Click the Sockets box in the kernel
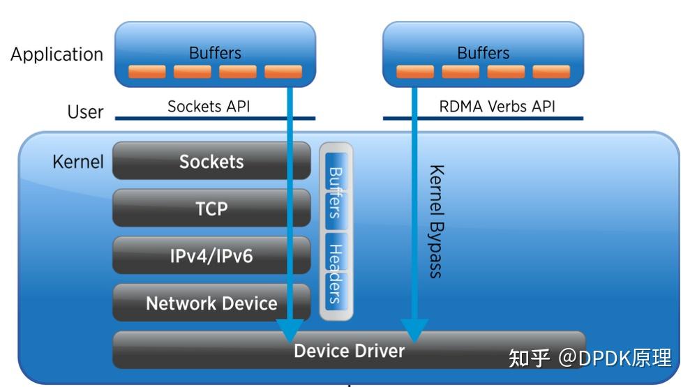[x=211, y=161]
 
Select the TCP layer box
[x=211, y=208]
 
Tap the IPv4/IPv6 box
[x=211, y=255]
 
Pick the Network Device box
[x=211, y=303]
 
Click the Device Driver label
[x=349, y=350]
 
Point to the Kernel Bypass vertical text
[x=436, y=222]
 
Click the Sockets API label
[x=209, y=107]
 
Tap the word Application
[x=57, y=54]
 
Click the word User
[x=85, y=112]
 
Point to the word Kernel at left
[x=77, y=162]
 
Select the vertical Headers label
[x=336, y=273]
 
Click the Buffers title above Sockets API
[x=215, y=53]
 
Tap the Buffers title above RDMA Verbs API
[x=483, y=53]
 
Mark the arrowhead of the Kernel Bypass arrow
[x=414, y=329]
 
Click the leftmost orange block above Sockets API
[x=147, y=72]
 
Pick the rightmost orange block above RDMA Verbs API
[x=551, y=72]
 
